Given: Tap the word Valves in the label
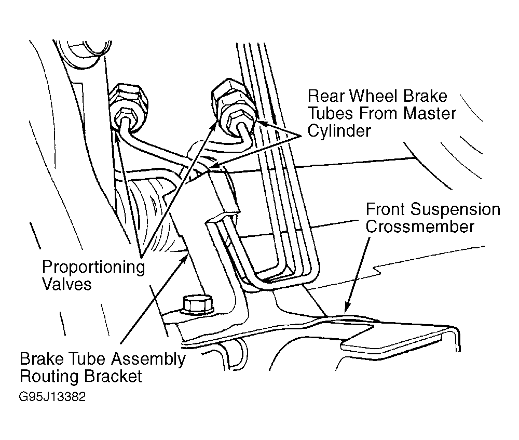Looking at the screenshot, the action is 67,284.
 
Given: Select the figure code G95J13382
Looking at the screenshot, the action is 52,396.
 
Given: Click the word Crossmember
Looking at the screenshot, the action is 420,227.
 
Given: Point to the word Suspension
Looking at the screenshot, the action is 456,210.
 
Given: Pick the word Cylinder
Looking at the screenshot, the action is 339,131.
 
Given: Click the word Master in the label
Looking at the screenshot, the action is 430,114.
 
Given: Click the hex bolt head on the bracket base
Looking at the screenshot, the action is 197,305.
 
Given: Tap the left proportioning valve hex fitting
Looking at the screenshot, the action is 128,105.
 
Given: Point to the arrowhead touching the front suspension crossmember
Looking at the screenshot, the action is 346,307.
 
